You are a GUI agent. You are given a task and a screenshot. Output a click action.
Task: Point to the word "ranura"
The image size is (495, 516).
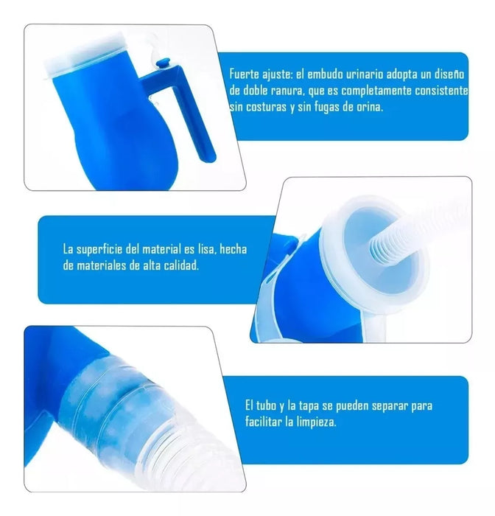286,91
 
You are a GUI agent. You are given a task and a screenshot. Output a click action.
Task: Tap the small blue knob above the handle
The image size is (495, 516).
163,63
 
